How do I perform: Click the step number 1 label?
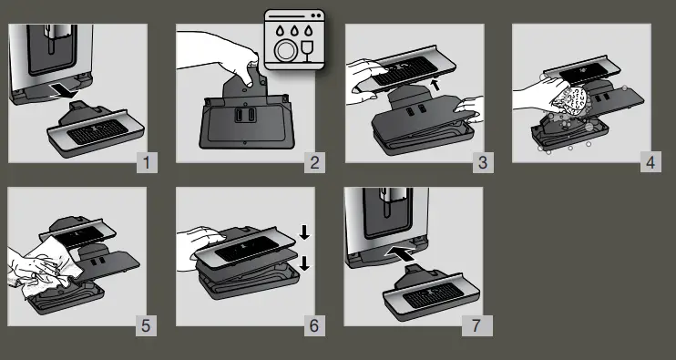tap(147, 163)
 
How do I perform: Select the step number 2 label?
tap(314, 163)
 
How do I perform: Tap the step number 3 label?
tap(483, 163)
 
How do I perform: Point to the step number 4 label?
tap(650, 162)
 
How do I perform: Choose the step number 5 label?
tap(146, 326)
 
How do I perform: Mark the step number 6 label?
tap(314, 326)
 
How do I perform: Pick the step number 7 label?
tap(476, 326)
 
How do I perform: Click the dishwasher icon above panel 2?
tap(294, 40)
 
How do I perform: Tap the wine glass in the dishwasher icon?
tap(307, 51)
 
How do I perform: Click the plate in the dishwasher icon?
tap(284, 51)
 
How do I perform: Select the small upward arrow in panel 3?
tap(436, 84)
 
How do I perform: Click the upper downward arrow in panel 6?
tap(304, 232)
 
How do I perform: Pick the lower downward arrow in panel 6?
tap(304, 263)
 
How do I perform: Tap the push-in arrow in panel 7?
tap(400, 252)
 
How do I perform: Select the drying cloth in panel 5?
tap(52, 266)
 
